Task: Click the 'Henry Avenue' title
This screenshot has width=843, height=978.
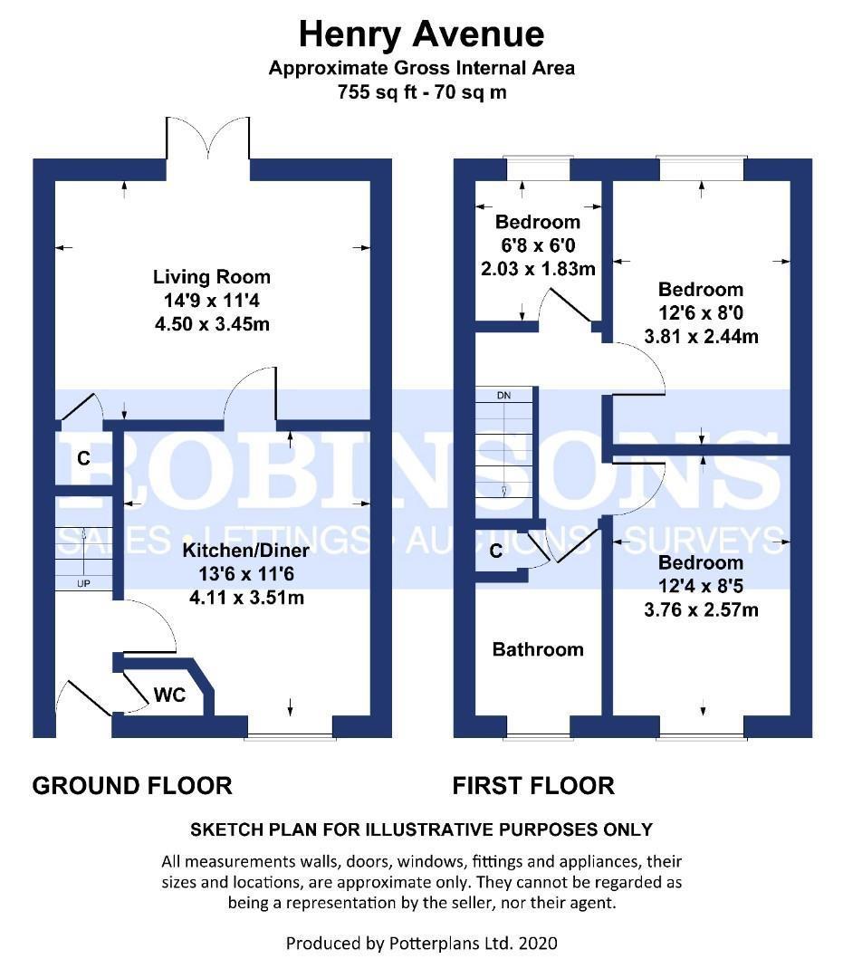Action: click(x=422, y=34)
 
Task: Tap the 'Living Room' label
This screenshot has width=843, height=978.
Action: click(x=212, y=277)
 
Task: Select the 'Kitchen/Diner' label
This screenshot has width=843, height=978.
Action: click(x=246, y=551)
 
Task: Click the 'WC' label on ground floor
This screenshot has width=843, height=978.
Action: click(x=169, y=695)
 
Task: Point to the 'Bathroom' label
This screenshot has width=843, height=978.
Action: click(x=538, y=649)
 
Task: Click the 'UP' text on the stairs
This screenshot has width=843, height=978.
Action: click(x=83, y=584)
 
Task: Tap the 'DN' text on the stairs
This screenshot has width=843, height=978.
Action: click(x=503, y=396)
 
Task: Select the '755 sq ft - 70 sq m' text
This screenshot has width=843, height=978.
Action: click(x=422, y=92)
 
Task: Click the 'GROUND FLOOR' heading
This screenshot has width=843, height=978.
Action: click(x=132, y=785)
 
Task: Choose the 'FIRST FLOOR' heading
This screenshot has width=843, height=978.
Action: click(x=533, y=785)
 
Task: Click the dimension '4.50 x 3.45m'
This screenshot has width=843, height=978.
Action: click(x=212, y=324)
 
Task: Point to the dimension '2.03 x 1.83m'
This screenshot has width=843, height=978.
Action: click(x=538, y=269)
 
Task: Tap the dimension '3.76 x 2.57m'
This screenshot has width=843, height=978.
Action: click(x=702, y=609)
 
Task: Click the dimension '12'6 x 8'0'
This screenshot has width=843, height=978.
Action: click(x=702, y=312)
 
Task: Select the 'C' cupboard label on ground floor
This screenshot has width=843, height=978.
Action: click(x=83, y=458)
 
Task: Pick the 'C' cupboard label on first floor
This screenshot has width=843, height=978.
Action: click(x=496, y=551)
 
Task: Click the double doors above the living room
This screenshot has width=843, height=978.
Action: click(x=208, y=139)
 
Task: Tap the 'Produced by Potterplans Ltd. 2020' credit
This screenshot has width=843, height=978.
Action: click(x=422, y=943)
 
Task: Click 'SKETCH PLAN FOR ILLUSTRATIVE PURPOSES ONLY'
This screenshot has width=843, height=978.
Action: click(x=422, y=829)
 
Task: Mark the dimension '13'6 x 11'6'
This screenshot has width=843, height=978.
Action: click(x=246, y=574)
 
